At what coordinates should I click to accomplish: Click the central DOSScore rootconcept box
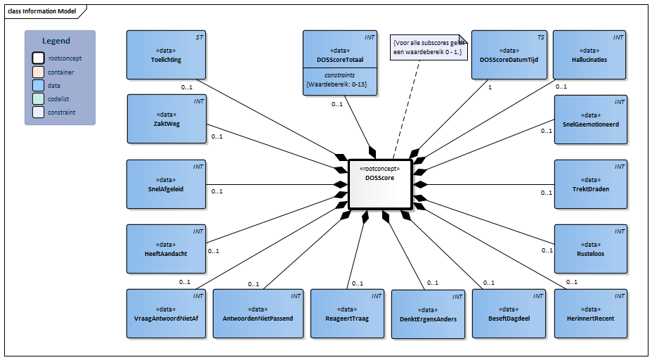[x=379, y=184]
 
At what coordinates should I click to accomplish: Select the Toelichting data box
[x=166, y=55]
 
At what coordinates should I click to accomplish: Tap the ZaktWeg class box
[x=166, y=120]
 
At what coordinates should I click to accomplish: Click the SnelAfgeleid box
[x=166, y=184]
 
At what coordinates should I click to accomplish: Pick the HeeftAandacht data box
[x=166, y=249]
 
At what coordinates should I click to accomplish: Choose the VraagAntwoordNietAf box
[x=166, y=314]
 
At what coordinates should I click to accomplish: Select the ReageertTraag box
[x=348, y=314]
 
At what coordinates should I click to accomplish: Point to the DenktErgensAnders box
[x=428, y=314]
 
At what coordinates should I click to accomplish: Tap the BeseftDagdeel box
[x=508, y=314]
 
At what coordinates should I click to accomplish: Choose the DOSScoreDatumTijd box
[x=508, y=55]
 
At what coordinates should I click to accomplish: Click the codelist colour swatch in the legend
[x=38, y=98]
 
